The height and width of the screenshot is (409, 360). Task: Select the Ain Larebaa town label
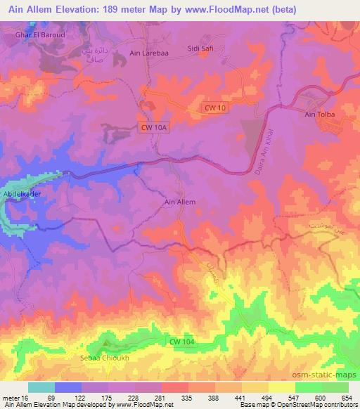147,52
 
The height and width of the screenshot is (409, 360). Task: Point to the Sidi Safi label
200,48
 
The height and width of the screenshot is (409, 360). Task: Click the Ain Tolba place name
320,114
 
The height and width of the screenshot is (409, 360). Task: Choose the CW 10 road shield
216,108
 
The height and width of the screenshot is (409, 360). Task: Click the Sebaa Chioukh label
102,358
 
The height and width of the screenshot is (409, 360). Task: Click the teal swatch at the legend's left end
41,387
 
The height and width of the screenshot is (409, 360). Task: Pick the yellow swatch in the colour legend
281,387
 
